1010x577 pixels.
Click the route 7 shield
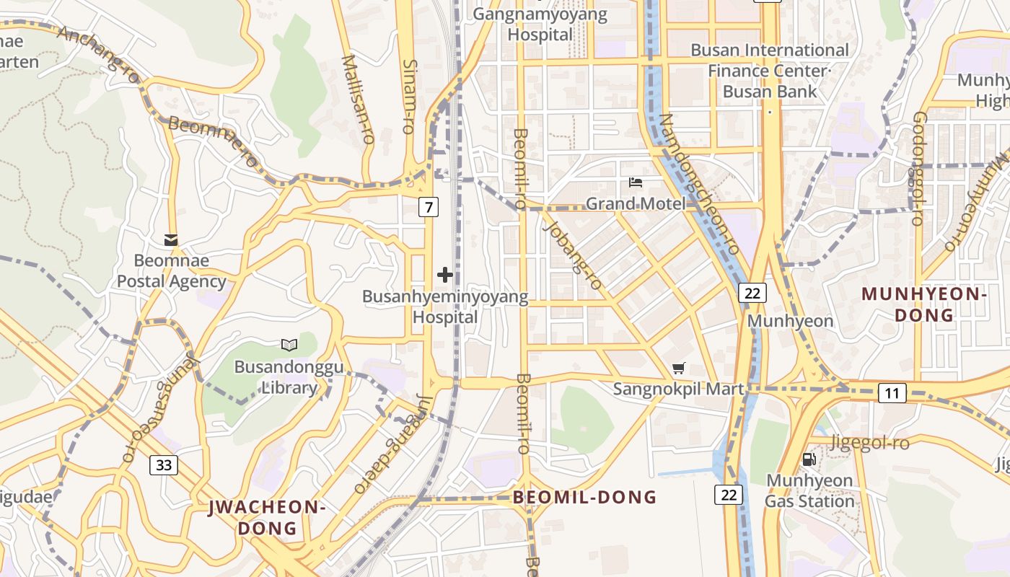tap(429, 208)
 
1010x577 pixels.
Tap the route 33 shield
tap(164, 465)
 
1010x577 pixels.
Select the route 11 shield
tap(892, 393)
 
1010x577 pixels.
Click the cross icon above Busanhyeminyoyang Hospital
tap(445, 275)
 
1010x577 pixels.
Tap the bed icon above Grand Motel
tap(636, 182)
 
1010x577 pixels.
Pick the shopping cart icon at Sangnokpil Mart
tap(678, 369)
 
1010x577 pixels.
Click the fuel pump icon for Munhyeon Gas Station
tap(809, 459)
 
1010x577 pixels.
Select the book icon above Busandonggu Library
tap(289, 345)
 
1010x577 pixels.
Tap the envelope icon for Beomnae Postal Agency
tap(171, 239)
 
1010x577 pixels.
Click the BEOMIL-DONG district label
tap(584, 497)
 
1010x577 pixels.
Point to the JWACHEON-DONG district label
tap(267, 517)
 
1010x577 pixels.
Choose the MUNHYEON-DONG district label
tap(924, 304)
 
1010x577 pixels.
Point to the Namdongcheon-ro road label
tap(699, 184)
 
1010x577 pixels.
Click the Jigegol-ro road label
tap(869, 443)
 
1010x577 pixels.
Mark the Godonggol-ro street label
tap(918, 168)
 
